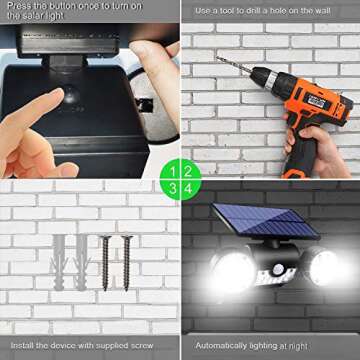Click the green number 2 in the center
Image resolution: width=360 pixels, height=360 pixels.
[x=187, y=169]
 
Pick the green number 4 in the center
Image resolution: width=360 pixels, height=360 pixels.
[x=187, y=187]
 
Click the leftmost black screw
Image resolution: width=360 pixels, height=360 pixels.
[x=104, y=260]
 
